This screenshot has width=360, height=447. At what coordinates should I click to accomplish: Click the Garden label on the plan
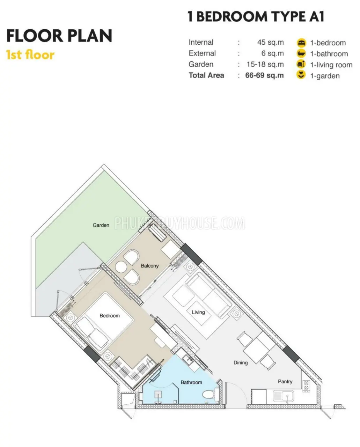tap(101, 225)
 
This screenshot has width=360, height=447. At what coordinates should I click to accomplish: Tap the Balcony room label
tap(149, 266)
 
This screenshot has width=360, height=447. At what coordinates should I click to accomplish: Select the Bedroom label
tap(110, 316)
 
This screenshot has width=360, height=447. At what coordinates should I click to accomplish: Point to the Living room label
tap(198, 312)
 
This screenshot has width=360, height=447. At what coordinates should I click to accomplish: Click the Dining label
tap(241, 363)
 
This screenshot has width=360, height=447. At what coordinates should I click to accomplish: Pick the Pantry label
tap(285, 381)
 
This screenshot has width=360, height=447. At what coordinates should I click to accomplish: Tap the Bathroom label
tap(191, 382)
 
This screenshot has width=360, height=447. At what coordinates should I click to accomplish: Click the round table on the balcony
tap(121, 267)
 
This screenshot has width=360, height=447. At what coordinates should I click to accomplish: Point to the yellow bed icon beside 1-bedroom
tap(301, 43)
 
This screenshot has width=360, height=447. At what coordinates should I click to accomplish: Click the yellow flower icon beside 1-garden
tap(301, 75)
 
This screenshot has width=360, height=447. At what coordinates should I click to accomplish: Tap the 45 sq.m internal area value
tap(271, 42)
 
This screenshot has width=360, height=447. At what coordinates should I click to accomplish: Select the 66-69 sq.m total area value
tap(264, 75)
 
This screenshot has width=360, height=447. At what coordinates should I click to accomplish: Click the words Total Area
tap(206, 75)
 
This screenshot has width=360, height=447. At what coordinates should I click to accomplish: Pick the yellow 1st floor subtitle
tap(30, 55)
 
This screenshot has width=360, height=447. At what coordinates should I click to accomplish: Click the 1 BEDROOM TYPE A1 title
tap(256, 17)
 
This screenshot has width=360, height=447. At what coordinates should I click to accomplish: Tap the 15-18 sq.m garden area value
tap(265, 64)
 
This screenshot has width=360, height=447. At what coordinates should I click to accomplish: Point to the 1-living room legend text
tap(331, 65)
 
